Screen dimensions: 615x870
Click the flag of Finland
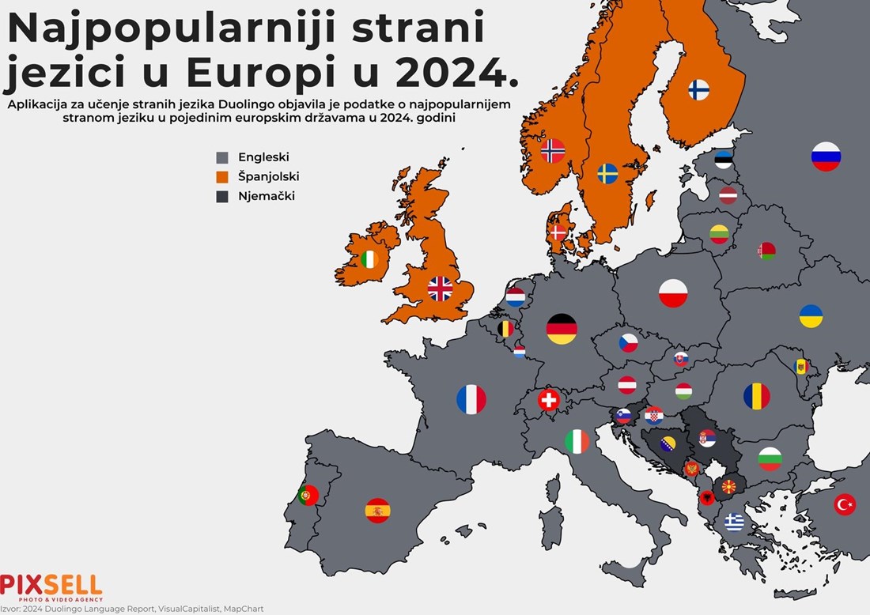click(x=698, y=89)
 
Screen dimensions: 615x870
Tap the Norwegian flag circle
click(x=553, y=150)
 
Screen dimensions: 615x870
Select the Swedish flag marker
click(x=607, y=173)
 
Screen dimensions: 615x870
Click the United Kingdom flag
click(x=441, y=289)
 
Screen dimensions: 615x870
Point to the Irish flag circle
click(x=369, y=258)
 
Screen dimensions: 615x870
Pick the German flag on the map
click(x=562, y=329)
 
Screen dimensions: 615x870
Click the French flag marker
click(x=471, y=399)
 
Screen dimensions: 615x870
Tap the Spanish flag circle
click(x=378, y=511)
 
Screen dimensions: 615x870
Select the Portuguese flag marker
click(x=308, y=496)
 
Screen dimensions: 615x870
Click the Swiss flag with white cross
click(x=548, y=400)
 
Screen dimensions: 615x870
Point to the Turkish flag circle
click(x=845, y=504)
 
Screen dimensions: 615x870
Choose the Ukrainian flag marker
click(x=811, y=316)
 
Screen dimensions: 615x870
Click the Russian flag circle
click(x=826, y=157)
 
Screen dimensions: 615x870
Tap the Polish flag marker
click(x=673, y=293)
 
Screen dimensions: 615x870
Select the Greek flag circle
click(x=735, y=522)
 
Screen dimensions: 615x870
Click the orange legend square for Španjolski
click(x=222, y=176)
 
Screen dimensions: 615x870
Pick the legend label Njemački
click(x=267, y=196)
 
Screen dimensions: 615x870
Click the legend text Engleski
click(x=263, y=157)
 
